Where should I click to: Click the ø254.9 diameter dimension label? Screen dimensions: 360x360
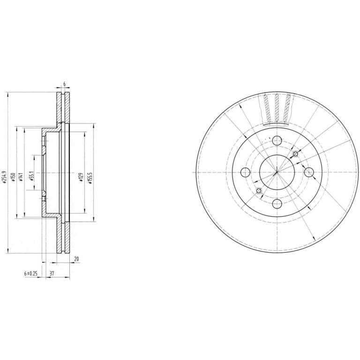tap(3, 177)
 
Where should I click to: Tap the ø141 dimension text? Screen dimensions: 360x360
tap(21, 177)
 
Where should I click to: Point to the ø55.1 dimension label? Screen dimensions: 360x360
tap(32, 176)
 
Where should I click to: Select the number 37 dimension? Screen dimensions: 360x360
tap(52, 273)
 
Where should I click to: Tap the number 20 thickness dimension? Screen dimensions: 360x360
tap(77, 259)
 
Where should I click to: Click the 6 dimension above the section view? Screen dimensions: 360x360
tap(65, 84)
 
